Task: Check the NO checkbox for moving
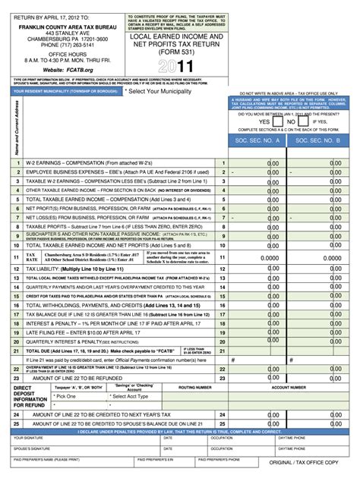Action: tap(301, 121)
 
